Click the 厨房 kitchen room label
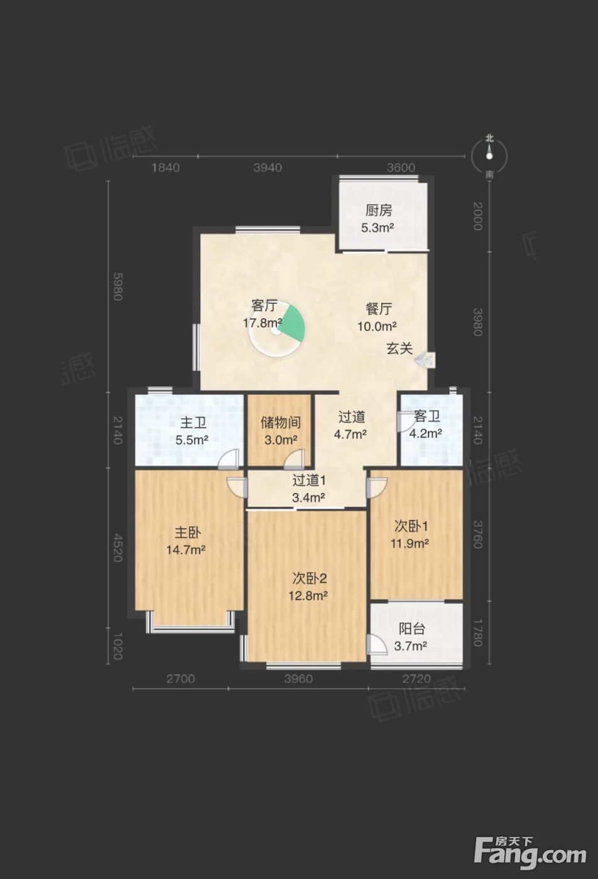point(379,211)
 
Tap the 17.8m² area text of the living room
point(263,323)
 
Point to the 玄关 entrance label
point(400,348)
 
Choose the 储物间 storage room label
point(281,423)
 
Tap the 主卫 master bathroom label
point(193,423)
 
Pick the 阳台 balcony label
point(412,628)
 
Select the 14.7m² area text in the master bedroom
point(186,550)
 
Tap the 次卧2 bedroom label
point(310,578)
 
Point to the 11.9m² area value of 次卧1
point(409,544)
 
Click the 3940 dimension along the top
point(268,168)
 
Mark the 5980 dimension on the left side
point(117,286)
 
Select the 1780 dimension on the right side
point(477,632)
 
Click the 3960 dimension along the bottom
point(298,679)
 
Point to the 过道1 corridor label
point(309,480)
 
